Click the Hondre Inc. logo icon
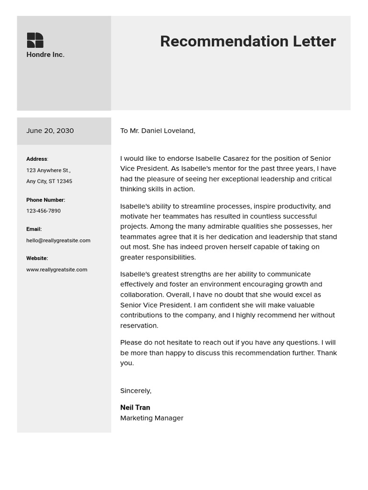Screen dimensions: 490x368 point(35,40)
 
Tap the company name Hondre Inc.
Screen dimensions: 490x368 point(46,55)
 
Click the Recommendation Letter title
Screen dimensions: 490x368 point(248,42)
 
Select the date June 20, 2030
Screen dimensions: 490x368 point(50,131)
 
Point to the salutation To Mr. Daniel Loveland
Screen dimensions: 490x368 point(158,131)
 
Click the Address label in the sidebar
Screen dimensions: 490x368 point(37,159)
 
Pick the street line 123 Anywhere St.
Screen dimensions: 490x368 point(48,170)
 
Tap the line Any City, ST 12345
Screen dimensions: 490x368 point(49,181)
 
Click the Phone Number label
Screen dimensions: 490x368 point(46,200)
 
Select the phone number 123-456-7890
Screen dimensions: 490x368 point(44,211)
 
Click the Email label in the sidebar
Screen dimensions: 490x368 point(34,229)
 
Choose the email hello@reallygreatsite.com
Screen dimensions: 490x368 point(58,241)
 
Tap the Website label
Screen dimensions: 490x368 point(37,258)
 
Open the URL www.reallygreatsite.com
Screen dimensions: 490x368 point(57,270)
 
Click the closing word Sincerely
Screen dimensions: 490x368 point(136,391)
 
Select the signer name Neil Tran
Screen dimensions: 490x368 point(135,408)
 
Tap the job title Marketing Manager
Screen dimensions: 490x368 point(152,418)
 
